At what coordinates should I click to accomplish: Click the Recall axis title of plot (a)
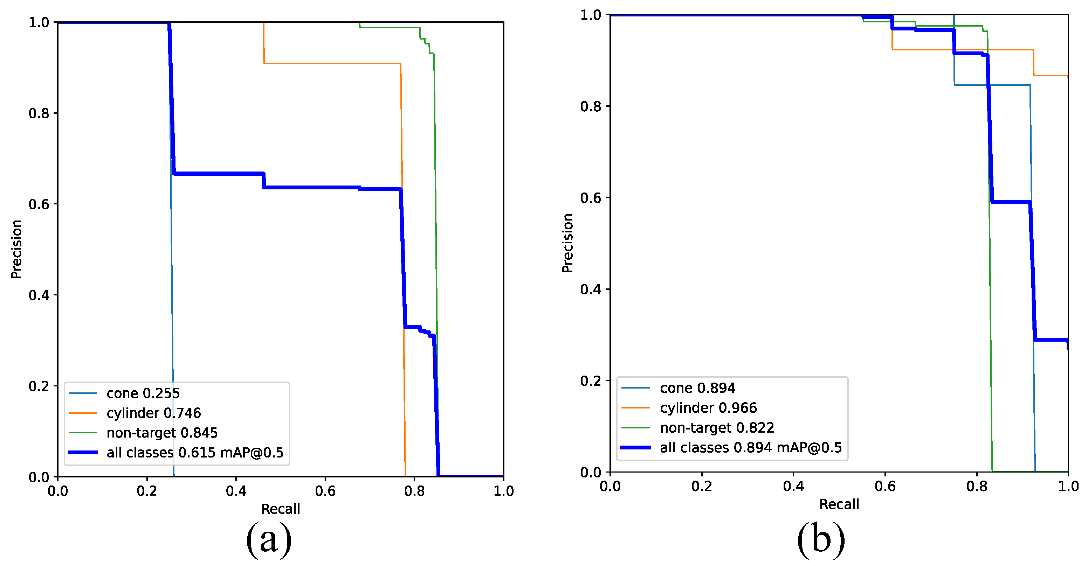[x=281, y=509]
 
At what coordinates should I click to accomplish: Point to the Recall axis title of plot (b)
[x=839, y=504]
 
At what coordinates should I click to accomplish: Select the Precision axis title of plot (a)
[x=16, y=249]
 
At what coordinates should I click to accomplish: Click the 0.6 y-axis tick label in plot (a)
[x=39, y=204]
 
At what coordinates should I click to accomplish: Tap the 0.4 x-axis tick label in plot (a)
[x=236, y=491]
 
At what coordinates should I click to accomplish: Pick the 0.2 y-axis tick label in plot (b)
[x=591, y=381]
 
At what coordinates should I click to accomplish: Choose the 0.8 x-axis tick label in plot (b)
[x=977, y=486]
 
